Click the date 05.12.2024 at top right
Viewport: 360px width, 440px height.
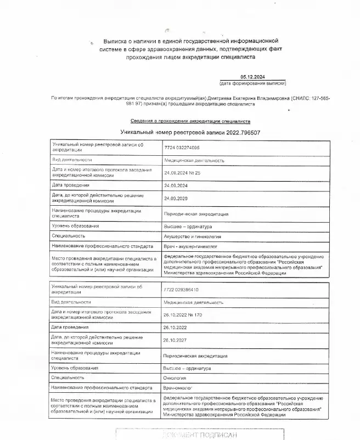click(x=252, y=77)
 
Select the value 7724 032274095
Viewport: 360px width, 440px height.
click(x=182, y=148)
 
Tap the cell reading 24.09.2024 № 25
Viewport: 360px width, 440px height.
click(x=183, y=173)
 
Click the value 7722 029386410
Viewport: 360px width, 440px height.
click(x=181, y=290)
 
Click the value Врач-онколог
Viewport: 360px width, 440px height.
click(x=179, y=388)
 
